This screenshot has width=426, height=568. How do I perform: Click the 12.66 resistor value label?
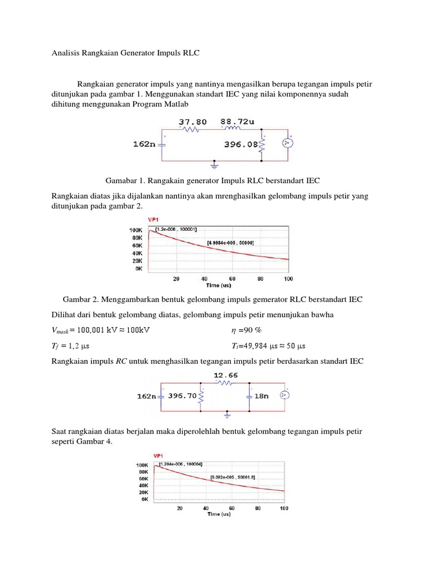226,376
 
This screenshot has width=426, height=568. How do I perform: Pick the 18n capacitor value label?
263,395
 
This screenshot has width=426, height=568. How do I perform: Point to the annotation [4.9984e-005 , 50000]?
231,242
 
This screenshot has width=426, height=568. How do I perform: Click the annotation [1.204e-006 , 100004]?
181,464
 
